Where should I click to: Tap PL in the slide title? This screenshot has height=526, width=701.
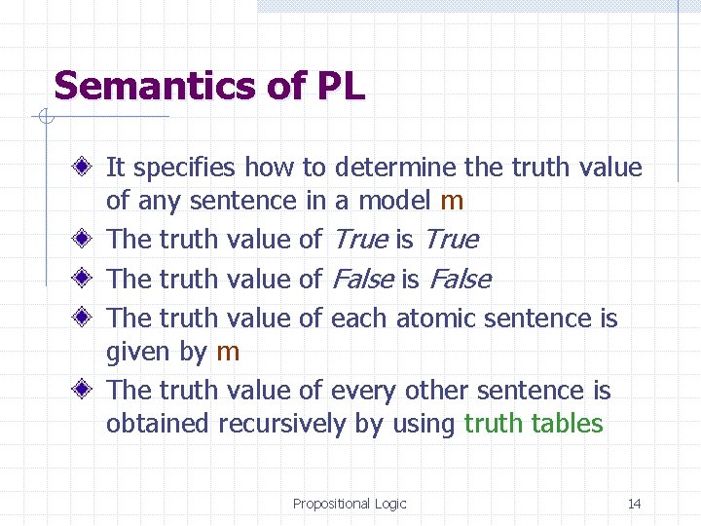point(340,87)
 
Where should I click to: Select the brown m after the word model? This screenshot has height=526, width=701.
point(452,202)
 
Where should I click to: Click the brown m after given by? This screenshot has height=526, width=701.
point(227,352)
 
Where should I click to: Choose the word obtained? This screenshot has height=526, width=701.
point(158,424)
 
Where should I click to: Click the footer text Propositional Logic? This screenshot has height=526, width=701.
point(350,504)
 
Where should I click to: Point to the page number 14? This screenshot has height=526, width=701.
point(634,504)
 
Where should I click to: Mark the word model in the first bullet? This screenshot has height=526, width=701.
point(396,201)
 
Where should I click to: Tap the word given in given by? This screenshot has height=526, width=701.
point(134,352)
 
